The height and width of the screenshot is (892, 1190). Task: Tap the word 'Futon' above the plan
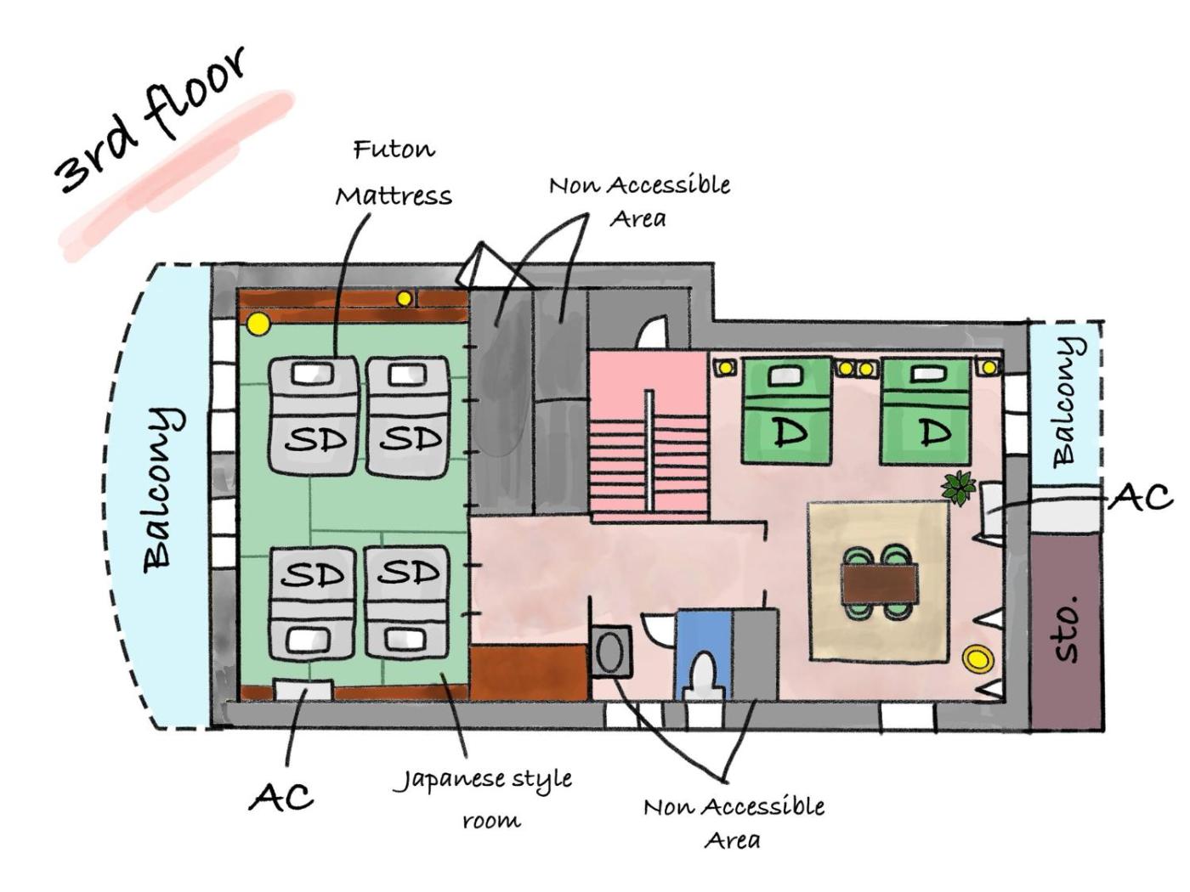394,150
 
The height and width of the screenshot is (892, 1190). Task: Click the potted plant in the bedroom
959,488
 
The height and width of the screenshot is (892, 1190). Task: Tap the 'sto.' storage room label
1066,629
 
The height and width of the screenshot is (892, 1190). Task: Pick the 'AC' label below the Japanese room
280,797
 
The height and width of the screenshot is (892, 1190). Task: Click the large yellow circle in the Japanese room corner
258,324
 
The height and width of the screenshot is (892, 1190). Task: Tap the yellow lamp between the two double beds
855,369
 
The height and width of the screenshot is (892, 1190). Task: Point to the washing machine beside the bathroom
611,652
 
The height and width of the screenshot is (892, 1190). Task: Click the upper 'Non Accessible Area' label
639,200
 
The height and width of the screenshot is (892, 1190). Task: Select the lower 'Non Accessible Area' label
734,822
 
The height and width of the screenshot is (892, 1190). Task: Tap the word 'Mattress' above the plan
394,196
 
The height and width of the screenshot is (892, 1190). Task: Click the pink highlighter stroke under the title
178,174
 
